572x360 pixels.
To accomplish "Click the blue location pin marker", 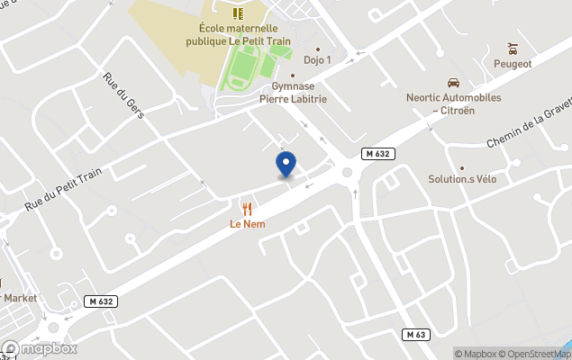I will (x=286, y=165).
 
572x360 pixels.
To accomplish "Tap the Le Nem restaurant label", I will (x=247, y=223).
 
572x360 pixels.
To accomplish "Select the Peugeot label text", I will (x=513, y=64).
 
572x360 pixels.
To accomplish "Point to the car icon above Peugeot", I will (x=513, y=48).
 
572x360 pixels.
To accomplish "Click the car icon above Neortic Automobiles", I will (x=452, y=81).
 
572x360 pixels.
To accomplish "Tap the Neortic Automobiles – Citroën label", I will (x=452, y=103).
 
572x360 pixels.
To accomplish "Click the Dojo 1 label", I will (x=317, y=61).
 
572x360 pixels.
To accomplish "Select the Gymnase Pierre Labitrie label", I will (x=293, y=94).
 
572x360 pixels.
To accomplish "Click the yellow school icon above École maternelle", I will (x=238, y=13).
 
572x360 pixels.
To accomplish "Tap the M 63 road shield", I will (x=415, y=335).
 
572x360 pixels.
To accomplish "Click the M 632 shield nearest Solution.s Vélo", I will (x=378, y=154).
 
